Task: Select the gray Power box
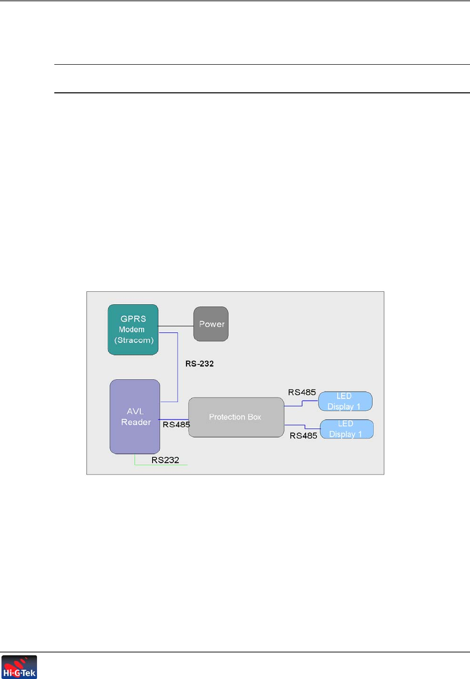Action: click(x=211, y=324)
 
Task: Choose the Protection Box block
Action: click(x=236, y=417)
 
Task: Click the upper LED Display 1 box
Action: click(x=345, y=401)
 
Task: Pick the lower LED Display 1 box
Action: click(x=347, y=429)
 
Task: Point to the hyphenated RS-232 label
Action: click(x=199, y=364)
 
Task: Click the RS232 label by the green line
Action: click(x=165, y=460)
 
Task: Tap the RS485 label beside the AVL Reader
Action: click(x=176, y=425)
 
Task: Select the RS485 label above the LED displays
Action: click(x=302, y=392)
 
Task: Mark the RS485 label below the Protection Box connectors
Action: click(x=303, y=436)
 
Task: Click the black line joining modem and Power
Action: click(x=176, y=326)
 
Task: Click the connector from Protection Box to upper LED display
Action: click(x=302, y=403)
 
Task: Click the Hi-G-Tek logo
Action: click(x=19, y=667)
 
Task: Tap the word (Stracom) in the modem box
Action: click(x=134, y=340)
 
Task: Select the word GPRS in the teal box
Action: click(x=133, y=319)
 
